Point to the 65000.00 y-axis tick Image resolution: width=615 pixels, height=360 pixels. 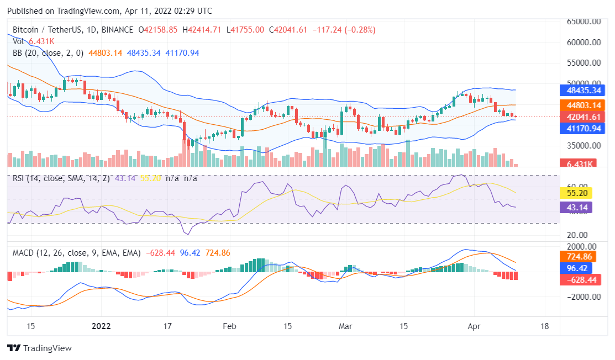coord(584,22)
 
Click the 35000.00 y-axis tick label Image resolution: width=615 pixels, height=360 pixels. coord(584,146)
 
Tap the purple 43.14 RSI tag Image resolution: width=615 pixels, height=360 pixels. coord(576,207)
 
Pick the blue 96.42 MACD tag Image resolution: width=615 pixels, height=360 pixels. coord(576,268)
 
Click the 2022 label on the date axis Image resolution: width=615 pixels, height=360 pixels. coord(101,326)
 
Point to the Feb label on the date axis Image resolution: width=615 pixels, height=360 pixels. coord(229,326)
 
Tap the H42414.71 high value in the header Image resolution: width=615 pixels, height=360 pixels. coord(201,30)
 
